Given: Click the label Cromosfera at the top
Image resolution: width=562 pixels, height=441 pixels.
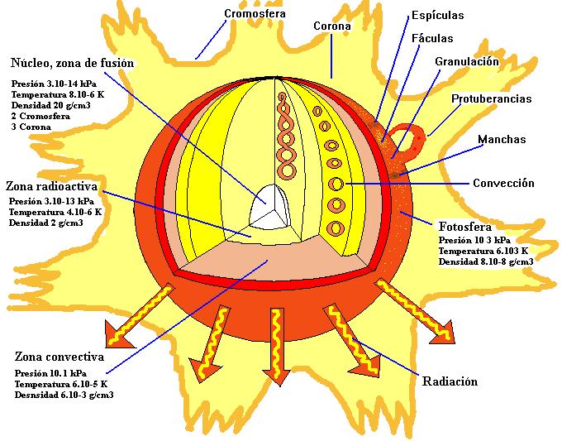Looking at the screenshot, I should point(256,13).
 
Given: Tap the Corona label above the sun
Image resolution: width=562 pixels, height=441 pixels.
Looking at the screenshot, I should point(332,26).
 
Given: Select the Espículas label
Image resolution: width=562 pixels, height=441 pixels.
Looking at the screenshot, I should point(437,16).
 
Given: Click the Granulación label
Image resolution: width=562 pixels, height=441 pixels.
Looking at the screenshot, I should point(467,61).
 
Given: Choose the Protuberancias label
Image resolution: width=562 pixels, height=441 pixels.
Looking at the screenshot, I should point(491,99).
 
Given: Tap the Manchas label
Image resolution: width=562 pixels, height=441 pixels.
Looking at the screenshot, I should point(502,140).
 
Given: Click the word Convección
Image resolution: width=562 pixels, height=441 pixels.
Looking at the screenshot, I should point(503,183).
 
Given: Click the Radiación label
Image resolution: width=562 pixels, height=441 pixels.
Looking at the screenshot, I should point(450,381).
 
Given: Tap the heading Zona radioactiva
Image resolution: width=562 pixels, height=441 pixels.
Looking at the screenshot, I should point(55,185).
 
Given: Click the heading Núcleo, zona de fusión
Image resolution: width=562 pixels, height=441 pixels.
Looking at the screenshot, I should point(73,63).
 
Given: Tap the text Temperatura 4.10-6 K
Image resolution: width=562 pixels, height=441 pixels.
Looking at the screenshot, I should point(55,212).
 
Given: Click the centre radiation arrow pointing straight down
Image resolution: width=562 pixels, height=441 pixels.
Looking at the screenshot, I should point(273,341).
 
